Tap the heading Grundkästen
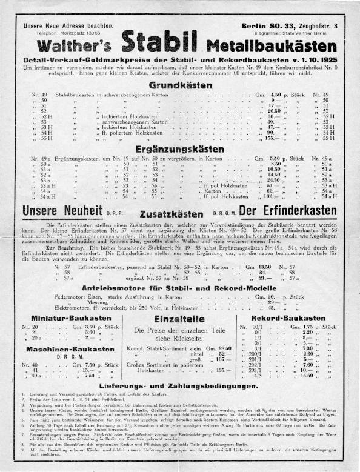pos(179,85)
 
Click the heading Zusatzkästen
pos(180,213)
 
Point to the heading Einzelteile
pos(179,319)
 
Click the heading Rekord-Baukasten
pos(290,317)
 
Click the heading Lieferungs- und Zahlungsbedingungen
pos(179,402)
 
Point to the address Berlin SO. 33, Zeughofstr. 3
pos(290,25)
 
